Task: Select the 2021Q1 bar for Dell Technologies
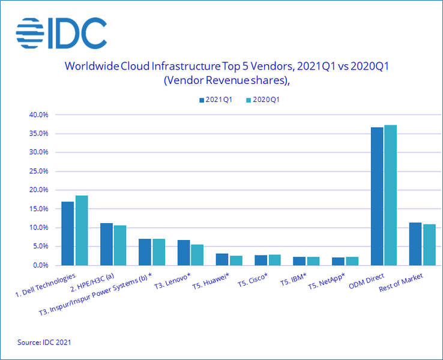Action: pos(68,233)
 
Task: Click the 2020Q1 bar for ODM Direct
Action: pos(390,195)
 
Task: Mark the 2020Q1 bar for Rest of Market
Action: pos(429,245)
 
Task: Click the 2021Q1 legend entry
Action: pos(215,100)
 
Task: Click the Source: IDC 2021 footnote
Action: pos(44,342)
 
